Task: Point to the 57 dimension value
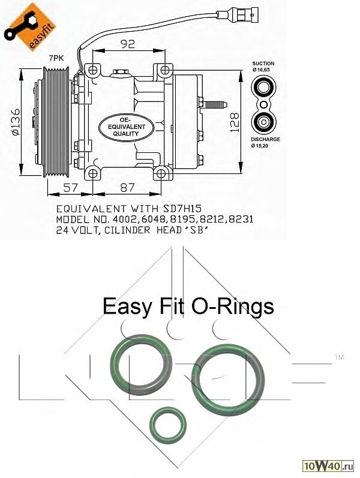tap(71, 187)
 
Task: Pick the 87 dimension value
tap(127, 187)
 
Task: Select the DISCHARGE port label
tap(265, 139)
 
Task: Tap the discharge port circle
tap(263, 122)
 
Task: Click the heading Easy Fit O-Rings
tap(188, 306)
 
